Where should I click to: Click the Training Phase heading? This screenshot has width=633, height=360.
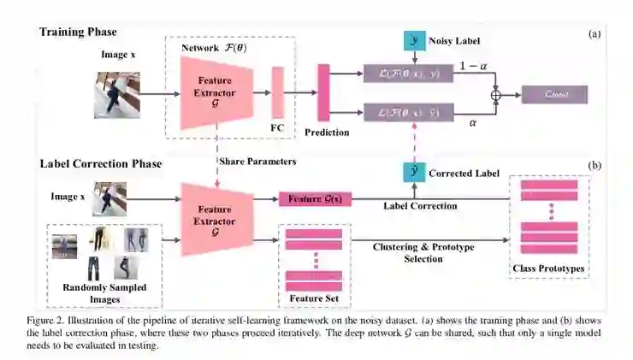pos(77,32)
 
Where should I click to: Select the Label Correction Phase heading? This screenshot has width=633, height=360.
pos(100,162)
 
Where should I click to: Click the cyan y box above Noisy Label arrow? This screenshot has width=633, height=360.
pos(416,41)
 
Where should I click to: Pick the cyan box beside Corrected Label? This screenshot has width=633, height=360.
pos(416,172)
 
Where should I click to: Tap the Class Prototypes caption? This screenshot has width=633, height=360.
pos(547,269)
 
